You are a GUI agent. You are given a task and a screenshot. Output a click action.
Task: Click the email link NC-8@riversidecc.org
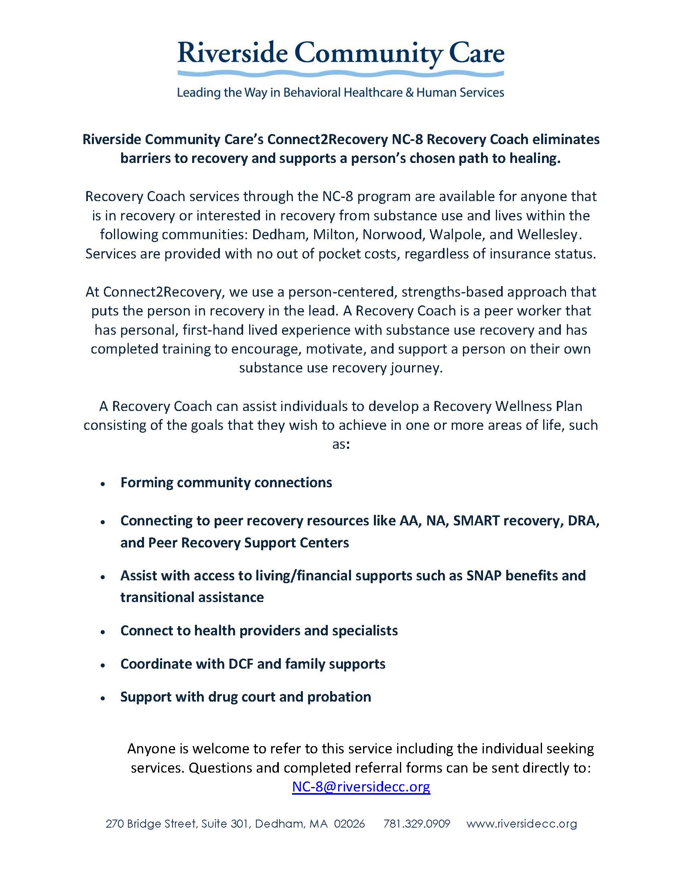(361, 787)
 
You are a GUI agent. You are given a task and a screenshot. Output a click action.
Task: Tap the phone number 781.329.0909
(416, 824)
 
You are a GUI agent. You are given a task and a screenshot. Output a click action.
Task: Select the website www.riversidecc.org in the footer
(522, 824)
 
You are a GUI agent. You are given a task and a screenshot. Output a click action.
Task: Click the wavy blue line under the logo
(341, 73)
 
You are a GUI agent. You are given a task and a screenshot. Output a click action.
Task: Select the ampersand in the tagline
(409, 93)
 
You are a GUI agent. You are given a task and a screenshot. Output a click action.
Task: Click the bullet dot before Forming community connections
(103, 484)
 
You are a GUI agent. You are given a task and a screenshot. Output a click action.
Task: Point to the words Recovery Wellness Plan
(507, 406)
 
